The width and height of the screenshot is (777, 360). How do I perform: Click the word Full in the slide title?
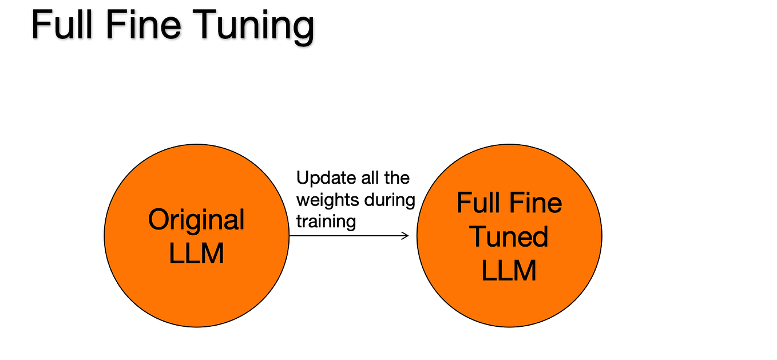[62, 26]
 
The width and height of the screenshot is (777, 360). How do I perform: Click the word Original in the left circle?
[196, 220]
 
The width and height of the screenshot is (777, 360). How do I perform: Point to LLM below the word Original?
[196, 252]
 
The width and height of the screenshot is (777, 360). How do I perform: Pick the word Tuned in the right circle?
[509, 236]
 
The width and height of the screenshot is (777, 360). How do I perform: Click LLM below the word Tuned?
[509, 270]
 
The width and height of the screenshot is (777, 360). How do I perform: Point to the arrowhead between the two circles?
[406, 235]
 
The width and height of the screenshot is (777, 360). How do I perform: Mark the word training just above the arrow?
[326, 221]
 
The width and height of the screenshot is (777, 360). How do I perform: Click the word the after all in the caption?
[397, 178]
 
